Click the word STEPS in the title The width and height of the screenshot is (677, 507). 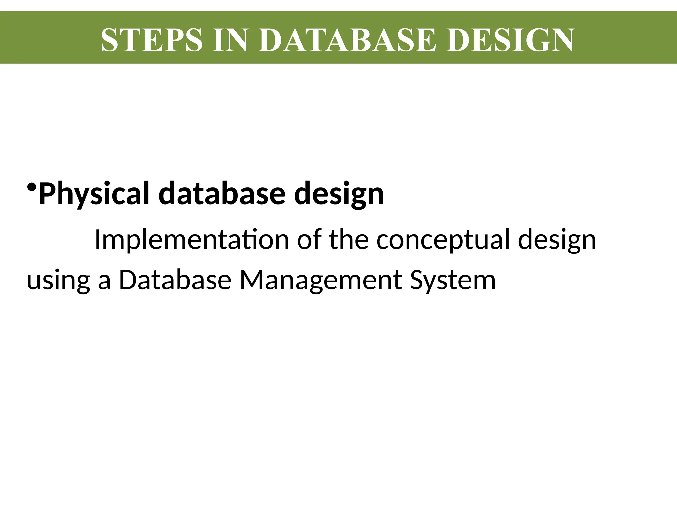click(151, 40)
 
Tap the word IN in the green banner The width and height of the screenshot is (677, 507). click(230, 40)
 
